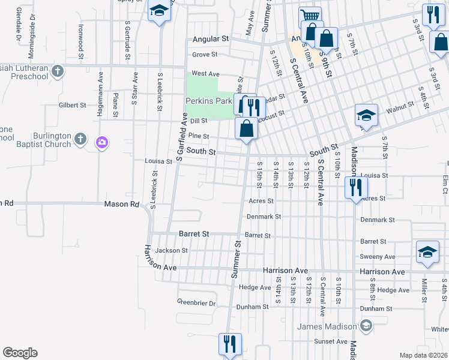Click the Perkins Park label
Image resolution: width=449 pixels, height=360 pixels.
[x=208, y=101]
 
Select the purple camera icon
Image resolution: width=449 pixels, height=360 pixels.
[x=101, y=142]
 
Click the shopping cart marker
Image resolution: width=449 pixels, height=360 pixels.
[x=309, y=17]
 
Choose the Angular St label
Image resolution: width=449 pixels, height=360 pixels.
[x=211, y=39]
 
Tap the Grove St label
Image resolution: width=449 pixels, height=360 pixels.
[x=204, y=55]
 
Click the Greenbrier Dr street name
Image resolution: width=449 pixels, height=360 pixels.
[x=196, y=303]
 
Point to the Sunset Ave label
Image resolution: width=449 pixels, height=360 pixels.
[x=331, y=341]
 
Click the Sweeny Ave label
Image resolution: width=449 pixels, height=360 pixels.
[x=378, y=256]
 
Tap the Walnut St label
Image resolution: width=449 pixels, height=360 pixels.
[x=400, y=106]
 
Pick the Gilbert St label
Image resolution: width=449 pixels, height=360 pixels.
[x=73, y=105]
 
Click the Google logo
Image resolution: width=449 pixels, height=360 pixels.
[x=20, y=353]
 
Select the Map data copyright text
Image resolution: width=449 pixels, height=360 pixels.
[x=423, y=355]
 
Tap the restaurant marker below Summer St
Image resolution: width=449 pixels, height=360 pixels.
[x=229, y=344]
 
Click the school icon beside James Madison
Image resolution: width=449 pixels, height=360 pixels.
[x=366, y=326]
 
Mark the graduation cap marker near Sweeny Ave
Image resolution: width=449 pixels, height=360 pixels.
[x=427, y=252]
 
